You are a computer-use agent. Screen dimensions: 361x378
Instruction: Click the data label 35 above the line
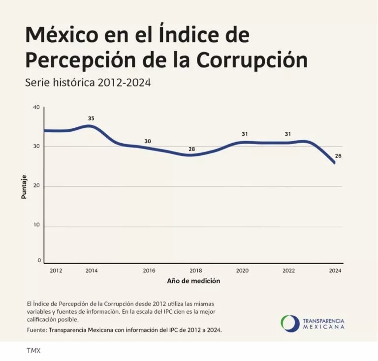pos(91,119)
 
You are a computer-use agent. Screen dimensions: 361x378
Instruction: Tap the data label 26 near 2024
pos(338,156)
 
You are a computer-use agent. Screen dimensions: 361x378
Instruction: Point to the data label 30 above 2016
pos(148,141)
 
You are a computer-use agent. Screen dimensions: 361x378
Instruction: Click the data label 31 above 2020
pos(245,134)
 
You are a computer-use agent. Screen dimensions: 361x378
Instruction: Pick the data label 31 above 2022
pos(288,134)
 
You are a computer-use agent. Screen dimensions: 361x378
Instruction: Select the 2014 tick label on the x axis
pos(91,271)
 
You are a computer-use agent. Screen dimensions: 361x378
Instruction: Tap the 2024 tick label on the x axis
pos(335,271)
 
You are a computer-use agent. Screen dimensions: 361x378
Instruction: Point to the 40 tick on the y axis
pos(36,107)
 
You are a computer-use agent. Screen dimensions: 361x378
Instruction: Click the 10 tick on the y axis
pos(36,226)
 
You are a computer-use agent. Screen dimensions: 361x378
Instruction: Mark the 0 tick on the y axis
pos(39,261)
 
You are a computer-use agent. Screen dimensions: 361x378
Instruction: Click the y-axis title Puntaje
pos(24,187)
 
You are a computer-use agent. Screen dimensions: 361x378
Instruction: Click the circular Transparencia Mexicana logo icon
pos(289,324)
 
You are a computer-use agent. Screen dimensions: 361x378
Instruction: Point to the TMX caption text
pos(33,351)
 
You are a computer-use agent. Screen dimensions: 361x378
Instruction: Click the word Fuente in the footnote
pos(37,330)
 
